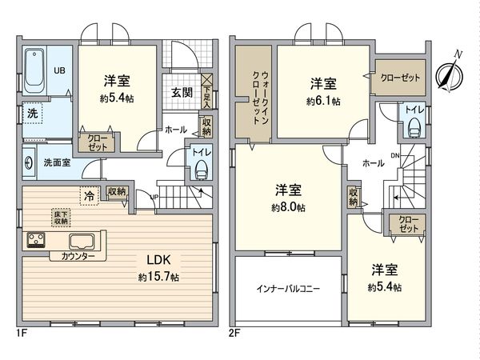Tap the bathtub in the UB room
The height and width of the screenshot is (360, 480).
(34, 70)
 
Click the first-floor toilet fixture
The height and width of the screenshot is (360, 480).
(200, 168)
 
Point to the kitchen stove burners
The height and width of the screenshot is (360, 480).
(37, 240)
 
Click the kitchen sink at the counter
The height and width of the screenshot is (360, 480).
(82, 241)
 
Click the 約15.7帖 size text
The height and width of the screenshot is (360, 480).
(158, 276)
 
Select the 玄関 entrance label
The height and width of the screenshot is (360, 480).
(180, 92)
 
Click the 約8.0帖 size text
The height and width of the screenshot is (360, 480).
(290, 206)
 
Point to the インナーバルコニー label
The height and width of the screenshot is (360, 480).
(289, 289)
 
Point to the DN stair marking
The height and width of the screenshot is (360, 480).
(394, 155)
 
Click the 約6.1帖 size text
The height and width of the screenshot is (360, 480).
(323, 102)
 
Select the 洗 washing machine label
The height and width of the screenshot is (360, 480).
(32, 114)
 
